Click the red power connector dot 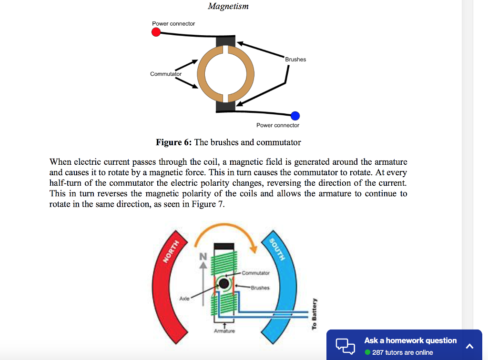pos(155,32)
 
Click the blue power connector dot pos(295,115)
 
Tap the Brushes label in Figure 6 pos(295,60)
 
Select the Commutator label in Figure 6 pos(165,74)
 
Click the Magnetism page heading pos(228,6)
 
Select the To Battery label pos(314,314)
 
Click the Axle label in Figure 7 pos(184,298)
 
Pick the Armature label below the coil pos(224,330)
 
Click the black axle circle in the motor pos(224,285)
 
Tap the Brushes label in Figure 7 pos(260,288)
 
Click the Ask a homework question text pos(410,340)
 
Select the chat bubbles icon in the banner pos(346,346)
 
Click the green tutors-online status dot pos(367,352)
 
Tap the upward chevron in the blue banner pos(469,346)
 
